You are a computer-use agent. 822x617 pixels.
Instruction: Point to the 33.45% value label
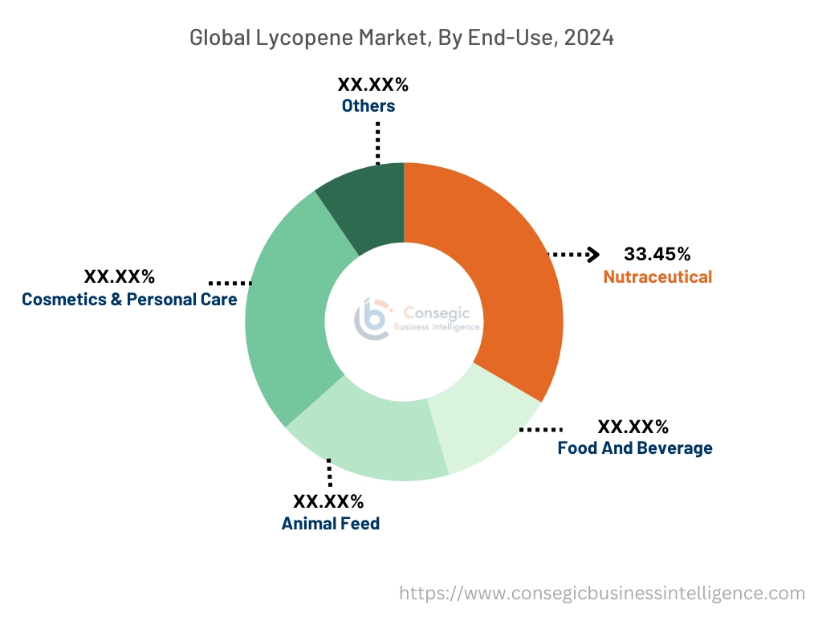pyautogui.click(x=657, y=255)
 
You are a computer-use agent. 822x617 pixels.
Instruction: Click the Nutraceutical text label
pyautogui.click(x=657, y=277)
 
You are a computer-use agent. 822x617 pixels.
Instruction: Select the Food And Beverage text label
pyautogui.click(x=635, y=448)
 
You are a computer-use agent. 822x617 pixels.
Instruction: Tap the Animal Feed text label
pyautogui.click(x=330, y=524)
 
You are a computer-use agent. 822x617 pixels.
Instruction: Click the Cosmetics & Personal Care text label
pyautogui.click(x=129, y=300)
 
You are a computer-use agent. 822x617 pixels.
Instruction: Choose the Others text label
pyautogui.click(x=368, y=106)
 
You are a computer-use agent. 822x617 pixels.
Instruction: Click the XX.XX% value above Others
pyautogui.click(x=372, y=84)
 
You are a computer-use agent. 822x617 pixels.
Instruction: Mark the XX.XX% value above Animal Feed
pyautogui.click(x=328, y=502)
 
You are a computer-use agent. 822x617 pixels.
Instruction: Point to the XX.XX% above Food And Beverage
pyautogui.click(x=633, y=427)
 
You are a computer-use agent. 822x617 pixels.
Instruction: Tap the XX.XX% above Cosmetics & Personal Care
pyautogui.click(x=120, y=277)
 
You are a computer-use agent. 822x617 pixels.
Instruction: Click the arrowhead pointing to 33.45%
pyautogui.click(x=594, y=255)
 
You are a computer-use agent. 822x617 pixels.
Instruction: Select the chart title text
pyautogui.click(x=401, y=38)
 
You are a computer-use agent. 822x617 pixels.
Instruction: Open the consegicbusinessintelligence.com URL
pyautogui.click(x=602, y=594)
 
